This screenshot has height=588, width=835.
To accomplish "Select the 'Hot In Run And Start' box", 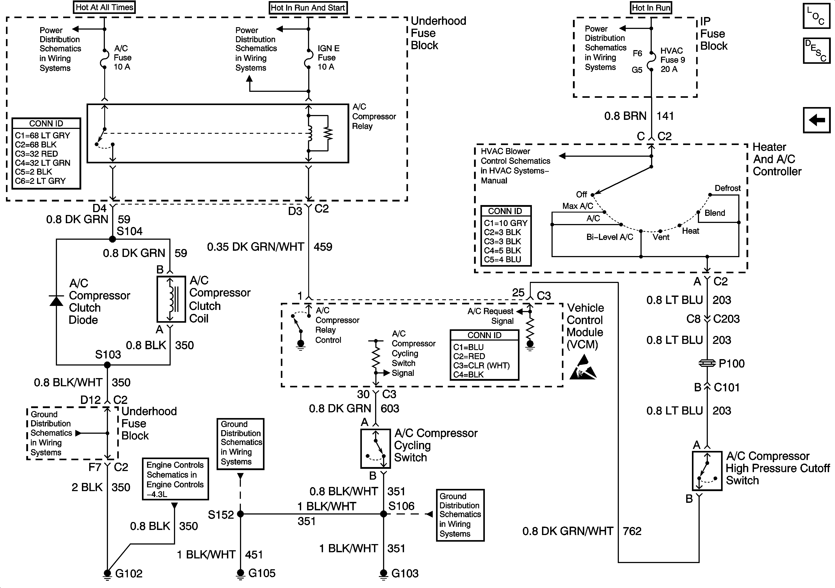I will point(308,8).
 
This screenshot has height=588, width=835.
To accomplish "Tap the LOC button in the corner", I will point(816,16).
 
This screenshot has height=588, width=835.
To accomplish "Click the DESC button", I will point(816,51).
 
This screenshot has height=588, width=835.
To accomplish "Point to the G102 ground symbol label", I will point(129,573).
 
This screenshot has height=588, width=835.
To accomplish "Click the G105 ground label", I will point(262,573).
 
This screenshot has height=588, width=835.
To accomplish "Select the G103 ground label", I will point(405,573).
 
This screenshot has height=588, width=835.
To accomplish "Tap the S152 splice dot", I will point(240,514).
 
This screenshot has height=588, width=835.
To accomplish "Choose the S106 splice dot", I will point(383,514).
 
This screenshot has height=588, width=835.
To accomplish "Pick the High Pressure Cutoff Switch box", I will point(707,471).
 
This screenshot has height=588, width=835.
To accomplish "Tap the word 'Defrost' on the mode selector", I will point(727,188).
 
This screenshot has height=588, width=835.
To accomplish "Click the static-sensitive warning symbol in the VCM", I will point(583,368).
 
